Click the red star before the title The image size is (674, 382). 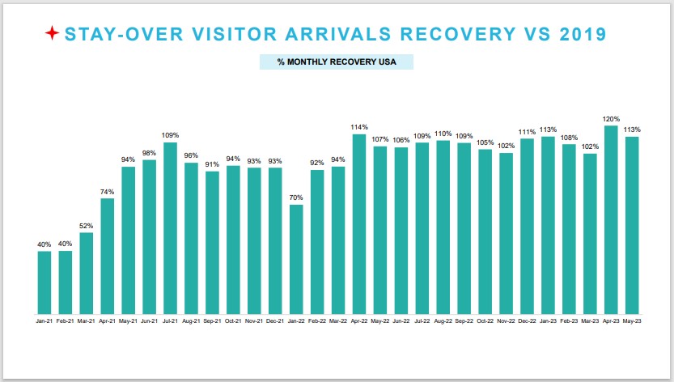[x=52, y=33]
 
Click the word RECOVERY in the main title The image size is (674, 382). [x=458, y=34]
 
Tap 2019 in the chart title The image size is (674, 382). [x=583, y=34]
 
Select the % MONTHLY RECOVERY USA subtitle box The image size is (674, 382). [x=337, y=62]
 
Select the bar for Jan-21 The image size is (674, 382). [x=45, y=282]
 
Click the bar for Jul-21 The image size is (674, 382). [x=170, y=228]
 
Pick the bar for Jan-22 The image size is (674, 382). [x=296, y=259]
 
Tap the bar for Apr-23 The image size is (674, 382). [x=611, y=219]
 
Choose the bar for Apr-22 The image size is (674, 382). [x=359, y=224]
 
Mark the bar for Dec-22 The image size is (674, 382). [x=527, y=227]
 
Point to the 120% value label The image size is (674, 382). [x=611, y=119]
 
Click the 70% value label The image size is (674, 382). [x=296, y=197]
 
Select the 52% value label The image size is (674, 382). [x=86, y=226]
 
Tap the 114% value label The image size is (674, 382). [x=359, y=127]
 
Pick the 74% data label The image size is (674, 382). [x=107, y=192]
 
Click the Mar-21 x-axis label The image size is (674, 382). [x=86, y=321]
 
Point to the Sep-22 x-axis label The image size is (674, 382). [x=464, y=321]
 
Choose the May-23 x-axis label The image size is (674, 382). [x=632, y=321]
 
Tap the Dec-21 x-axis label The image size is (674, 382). [x=275, y=321]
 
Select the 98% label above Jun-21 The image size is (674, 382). [x=149, y=153]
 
